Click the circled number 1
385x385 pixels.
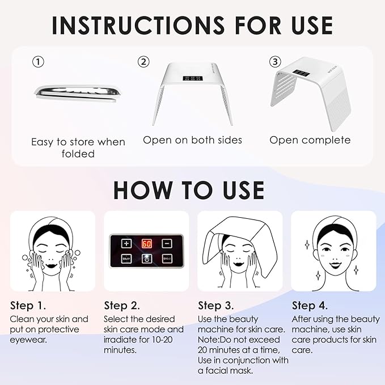coord(37,62)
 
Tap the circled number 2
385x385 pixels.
coord(145,62)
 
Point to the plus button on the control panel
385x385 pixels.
coord(126,243)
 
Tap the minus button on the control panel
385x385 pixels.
coord(167,243)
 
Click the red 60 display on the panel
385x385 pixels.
coord(146,243)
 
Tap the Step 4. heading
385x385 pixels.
coord(309,306)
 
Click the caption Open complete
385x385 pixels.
coord(310,139)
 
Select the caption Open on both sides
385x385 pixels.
coord(192,139)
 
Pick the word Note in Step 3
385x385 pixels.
coord(209,339)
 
